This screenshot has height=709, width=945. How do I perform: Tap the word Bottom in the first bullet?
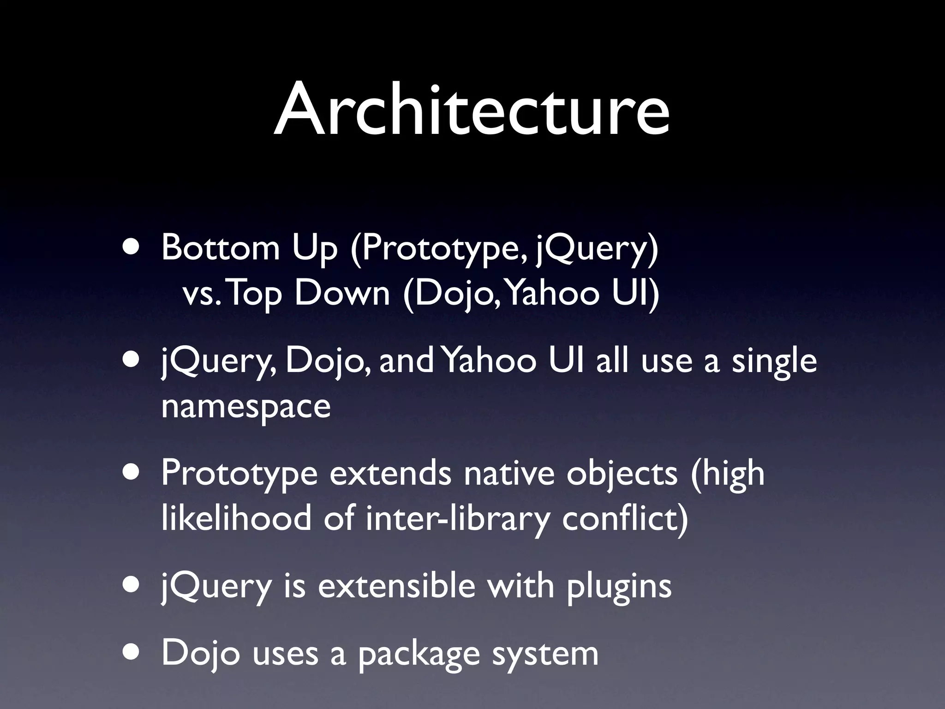pos(220,248)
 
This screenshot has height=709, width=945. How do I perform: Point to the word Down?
pos(342,294)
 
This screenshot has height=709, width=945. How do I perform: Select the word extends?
pos(390,474)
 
